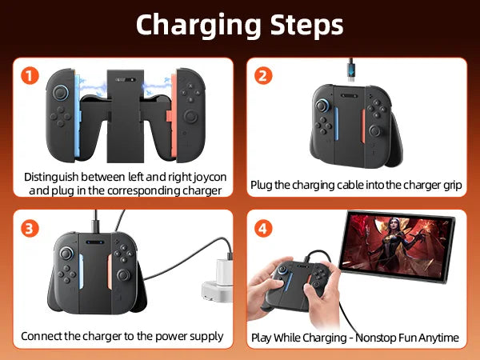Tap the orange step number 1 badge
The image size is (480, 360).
pyautogui.click(x=30, y=77)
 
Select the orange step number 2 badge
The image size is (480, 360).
pyautogui.click(x=263, y=77)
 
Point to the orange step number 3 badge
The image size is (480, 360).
pyautogui.click(x=30, y=229)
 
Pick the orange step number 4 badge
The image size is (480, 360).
pyautogui.click(x=263, y=229)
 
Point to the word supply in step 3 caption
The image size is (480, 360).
pyautogui.click(x=205, y=336)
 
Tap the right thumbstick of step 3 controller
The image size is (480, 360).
pyautogui.click(x=123, y=274)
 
